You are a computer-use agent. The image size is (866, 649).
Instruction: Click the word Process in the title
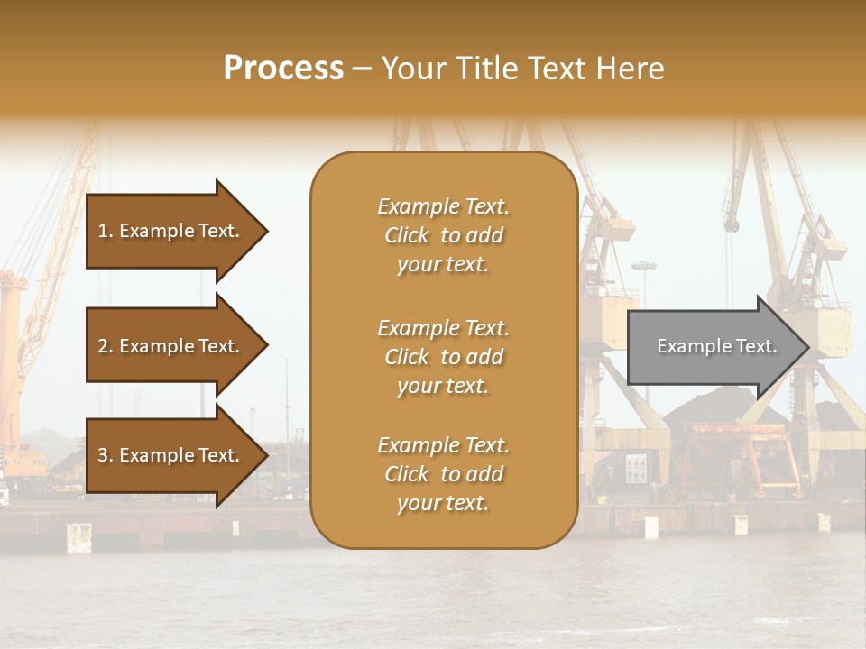click(x=283, y=69)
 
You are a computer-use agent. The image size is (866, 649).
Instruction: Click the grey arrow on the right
click(x=713, y=346)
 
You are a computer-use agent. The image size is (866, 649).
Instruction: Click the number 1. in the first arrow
click(x=106, y=231)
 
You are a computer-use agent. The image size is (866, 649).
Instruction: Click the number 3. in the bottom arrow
click(x=106, y=455)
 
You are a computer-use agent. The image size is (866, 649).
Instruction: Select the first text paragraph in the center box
click(x=443, y=235)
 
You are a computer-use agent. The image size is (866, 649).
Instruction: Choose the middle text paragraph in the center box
click(x=443, y=357)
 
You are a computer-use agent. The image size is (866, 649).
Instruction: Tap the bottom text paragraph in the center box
click(x=443, y=474)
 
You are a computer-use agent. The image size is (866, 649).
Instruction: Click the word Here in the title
click(x=631, y=69)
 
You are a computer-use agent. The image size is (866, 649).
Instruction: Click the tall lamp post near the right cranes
click(x=643, y=297)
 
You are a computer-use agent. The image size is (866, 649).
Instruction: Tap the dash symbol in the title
click(x=362, y=69)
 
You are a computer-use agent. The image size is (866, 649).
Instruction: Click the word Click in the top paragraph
click(x=407, y=235)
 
